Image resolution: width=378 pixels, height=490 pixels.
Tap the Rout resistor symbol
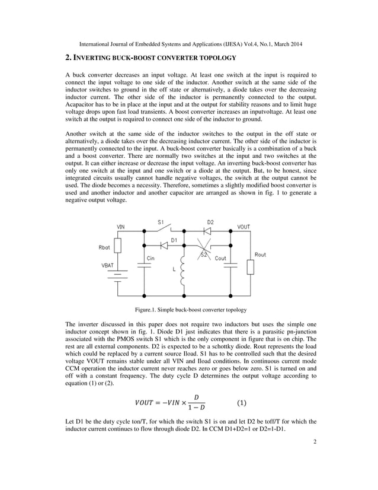click(x=251, y=266)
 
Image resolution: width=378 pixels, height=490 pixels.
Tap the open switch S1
click(x=167, y=229)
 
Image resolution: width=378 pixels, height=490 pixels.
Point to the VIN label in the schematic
click(x=121, y=227)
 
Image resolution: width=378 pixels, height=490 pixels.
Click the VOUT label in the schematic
click(x=244, y=227)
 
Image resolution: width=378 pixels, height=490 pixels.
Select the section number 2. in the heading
click(x=68, y=58)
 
